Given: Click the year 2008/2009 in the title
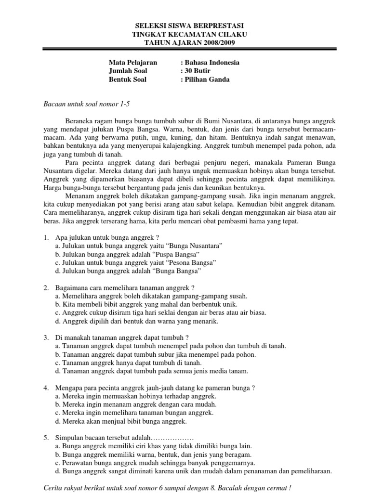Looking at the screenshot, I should (214, 43).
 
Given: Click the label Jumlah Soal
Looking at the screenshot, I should (128, 71).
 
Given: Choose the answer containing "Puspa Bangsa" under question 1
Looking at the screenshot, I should (127, 254).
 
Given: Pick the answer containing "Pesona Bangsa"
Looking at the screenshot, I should (135, 262).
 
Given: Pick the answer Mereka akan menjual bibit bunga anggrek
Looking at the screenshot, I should (120, 421).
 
